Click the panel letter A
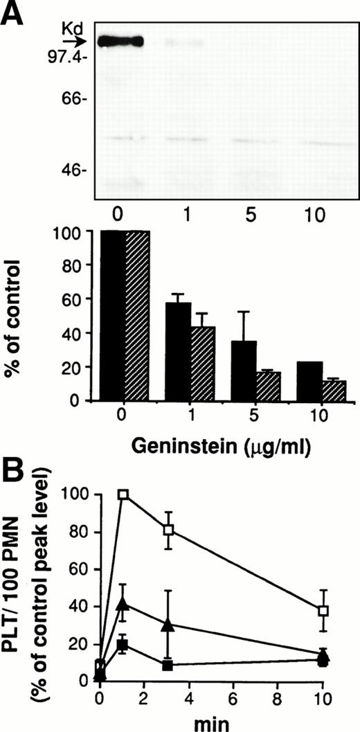(15, 15)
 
